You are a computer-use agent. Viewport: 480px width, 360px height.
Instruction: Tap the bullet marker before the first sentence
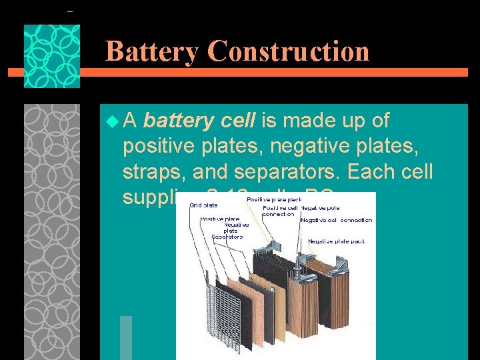pyautogui.click(x=111, y=121)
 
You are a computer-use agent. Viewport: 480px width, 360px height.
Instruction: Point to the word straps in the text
pyautogui.click(x=153, y=172)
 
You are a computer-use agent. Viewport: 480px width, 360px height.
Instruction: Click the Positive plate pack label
pyautogui.click(x=273, y=199)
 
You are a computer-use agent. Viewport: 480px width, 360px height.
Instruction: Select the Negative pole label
pyautogui.click(x=317, y=207)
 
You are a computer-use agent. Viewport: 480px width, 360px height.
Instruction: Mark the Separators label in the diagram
pyautogui.click(x=228, y=236)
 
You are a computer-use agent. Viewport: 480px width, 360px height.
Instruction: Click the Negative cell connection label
pyautogui.click(x=337, y=220)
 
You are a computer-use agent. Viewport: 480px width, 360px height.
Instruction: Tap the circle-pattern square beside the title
pyautogui.click(x=52, y=57)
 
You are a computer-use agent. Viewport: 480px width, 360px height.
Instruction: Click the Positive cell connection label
pyautogui.click(x=279, y=210)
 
